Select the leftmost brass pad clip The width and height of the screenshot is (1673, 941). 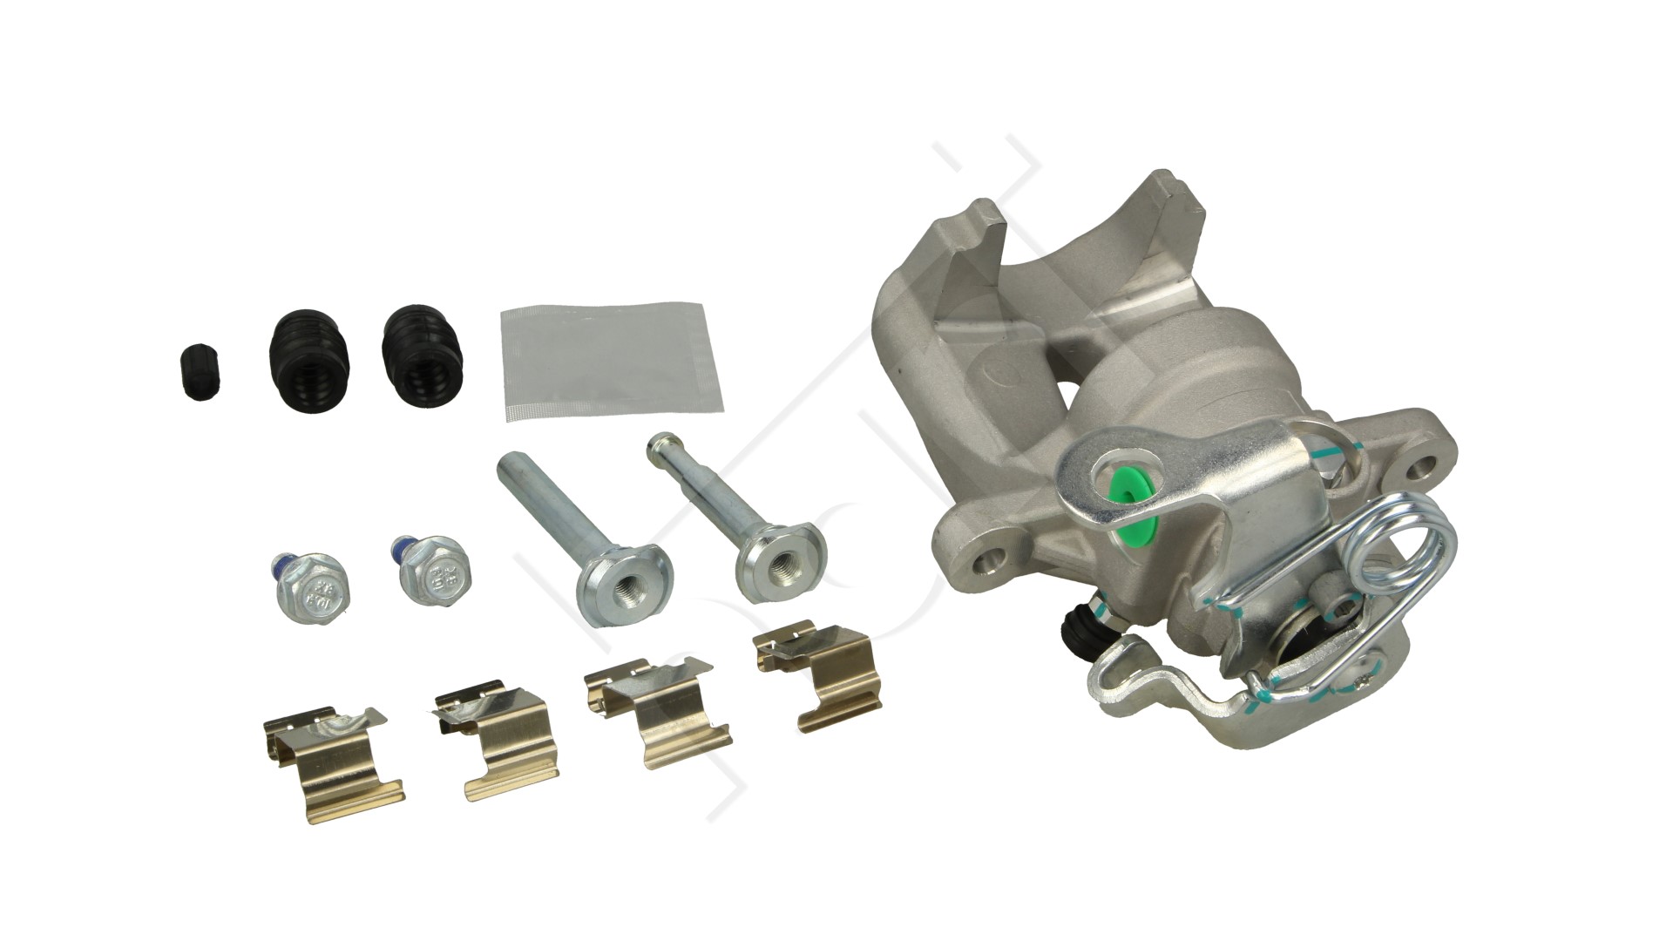point(331,758)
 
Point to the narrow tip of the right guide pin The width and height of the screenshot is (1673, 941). point(660,448)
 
